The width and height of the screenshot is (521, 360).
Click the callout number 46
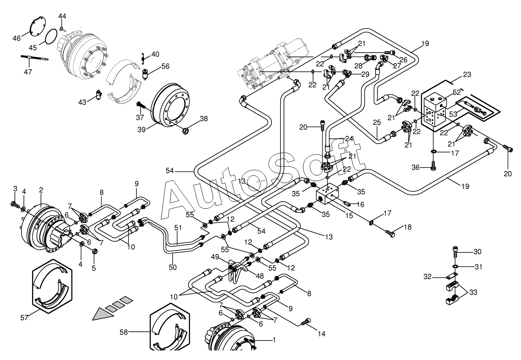(x=16, y=38)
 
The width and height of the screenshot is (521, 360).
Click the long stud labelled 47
(x=35, y=58)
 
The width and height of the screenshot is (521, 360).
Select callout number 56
(x=165, y=66)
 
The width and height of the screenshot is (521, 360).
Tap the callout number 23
(x=468, y=74)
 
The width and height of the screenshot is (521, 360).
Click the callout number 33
(x=473, y=293)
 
